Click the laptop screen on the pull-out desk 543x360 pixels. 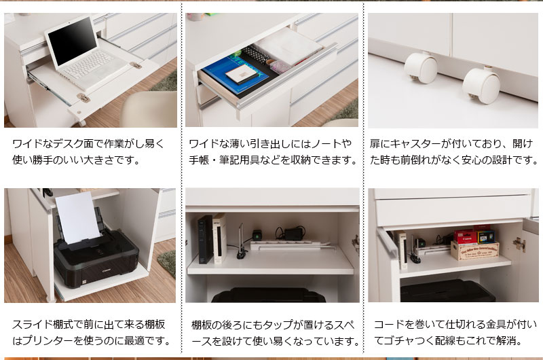[x=73, y=42]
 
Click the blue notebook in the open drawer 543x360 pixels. [x=236, y=75]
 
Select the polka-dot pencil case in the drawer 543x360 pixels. [x=257, y=55]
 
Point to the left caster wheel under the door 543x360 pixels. [x=420, y=68]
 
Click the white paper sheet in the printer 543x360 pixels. [x=78, y=217]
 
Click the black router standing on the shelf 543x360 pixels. [x=206, y=239]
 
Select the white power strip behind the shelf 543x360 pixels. [x=284, y=245]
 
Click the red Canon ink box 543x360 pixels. [x=465, y=236]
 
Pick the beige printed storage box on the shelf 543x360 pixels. [x=474, y=251]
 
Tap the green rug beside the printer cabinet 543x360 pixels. [x=167, y=264]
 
